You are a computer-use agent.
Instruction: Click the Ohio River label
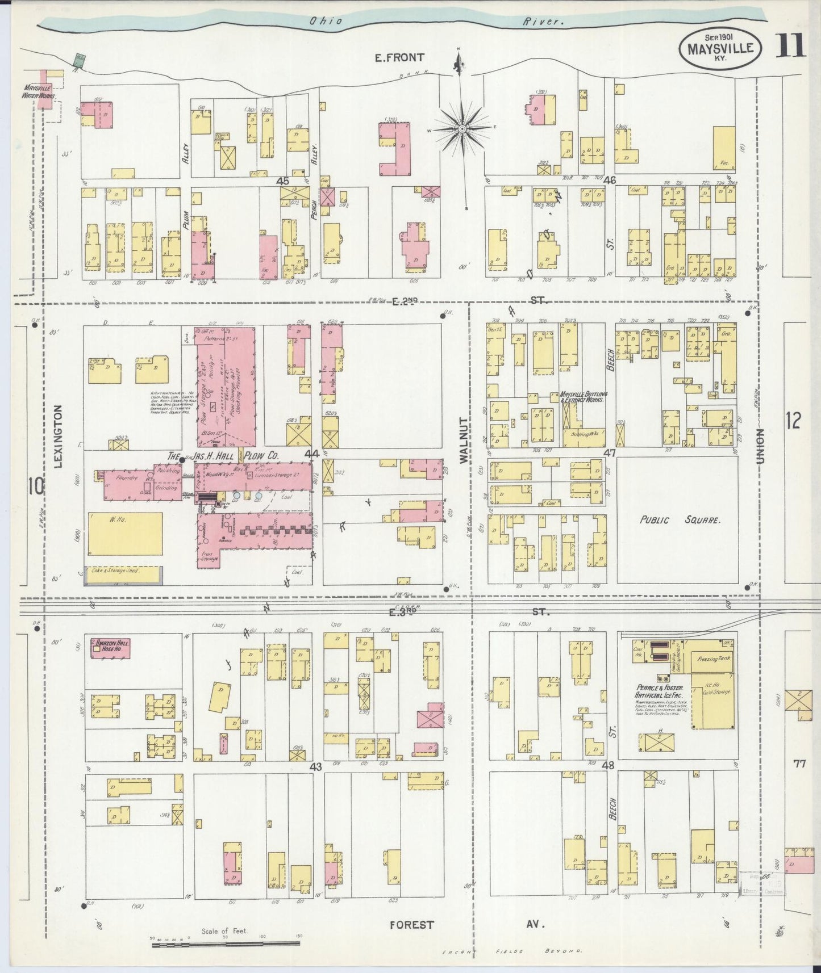[437, 22]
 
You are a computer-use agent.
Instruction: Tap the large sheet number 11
[790, 47]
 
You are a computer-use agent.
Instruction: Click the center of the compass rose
[463, 129]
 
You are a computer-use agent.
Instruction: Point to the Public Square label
[680, 519]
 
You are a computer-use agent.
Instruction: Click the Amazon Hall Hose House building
[111, 648]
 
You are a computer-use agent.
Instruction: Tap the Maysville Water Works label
[38, 92]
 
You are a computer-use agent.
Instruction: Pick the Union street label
[760, 447]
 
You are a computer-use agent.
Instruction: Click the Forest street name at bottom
[411, 924]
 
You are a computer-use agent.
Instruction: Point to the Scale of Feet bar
[224, 943]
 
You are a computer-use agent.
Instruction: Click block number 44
[311, 454]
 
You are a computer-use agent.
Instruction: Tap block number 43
[316, 766]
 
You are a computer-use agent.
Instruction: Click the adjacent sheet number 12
[793, 421]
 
